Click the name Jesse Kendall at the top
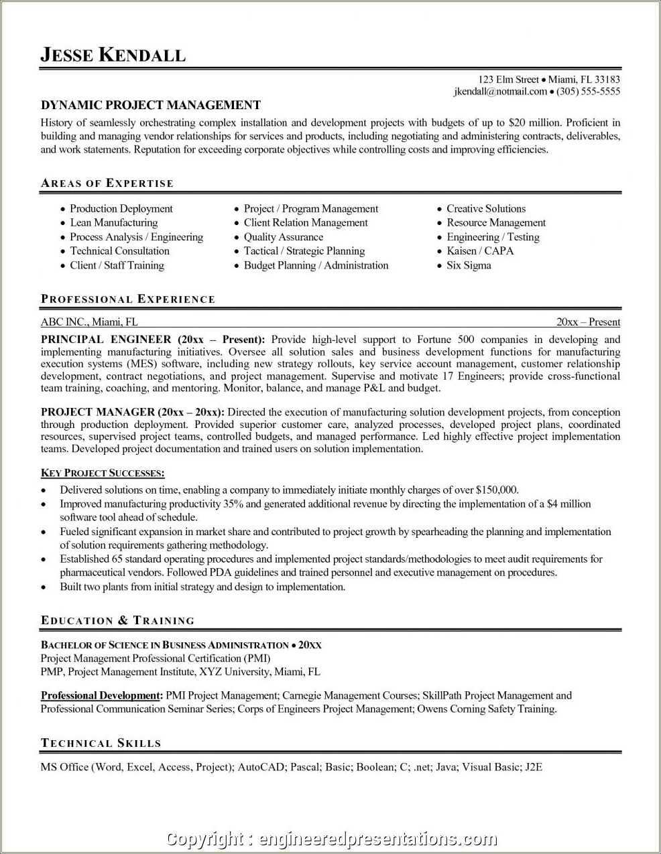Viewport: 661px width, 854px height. tap(113, 55)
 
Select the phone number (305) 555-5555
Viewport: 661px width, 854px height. tap(588, 92)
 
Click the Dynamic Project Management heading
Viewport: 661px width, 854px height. tap(151, 105)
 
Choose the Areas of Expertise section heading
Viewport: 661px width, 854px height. tap(107, 184)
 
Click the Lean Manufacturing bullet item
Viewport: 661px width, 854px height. tap(114, 223)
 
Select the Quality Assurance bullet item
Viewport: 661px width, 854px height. tap(283, 237)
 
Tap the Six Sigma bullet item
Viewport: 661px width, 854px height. tap(469, 265)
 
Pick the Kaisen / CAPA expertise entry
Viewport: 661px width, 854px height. tap(480, 251)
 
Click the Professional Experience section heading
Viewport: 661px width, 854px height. tap(128, 299)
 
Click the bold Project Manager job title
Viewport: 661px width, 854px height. tap(97, 413)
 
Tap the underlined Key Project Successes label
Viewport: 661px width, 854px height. tap(103, 474)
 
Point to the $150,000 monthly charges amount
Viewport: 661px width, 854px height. tap(497, 490)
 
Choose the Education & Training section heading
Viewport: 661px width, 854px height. tap(118, 621)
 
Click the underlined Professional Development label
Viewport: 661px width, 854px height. tap(101, 696)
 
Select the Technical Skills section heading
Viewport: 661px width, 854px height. tap(101, 743)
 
